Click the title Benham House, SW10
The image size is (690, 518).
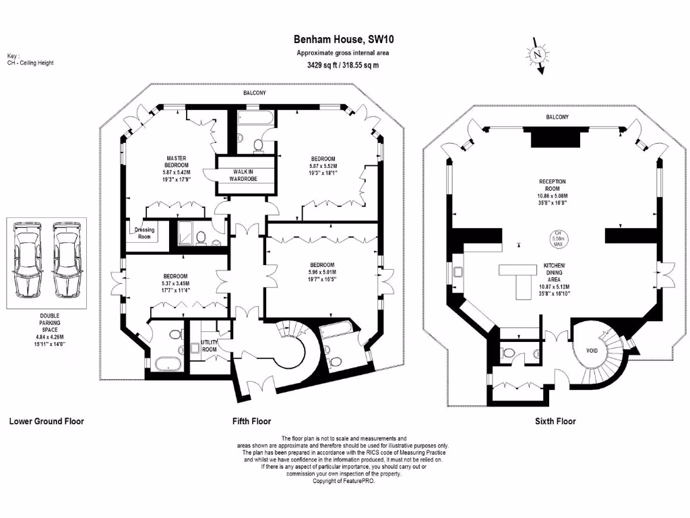(x=342, y=40)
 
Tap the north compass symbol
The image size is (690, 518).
(x=537, y=55)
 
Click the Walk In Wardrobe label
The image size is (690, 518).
(x=244, y=175)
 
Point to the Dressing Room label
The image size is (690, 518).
(x=144, y=233)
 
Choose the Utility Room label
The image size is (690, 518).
(x=209, y=346)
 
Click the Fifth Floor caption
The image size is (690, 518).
(x=251, y=422)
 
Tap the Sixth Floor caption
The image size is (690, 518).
(x=556, y=422)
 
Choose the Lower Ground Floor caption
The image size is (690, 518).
(x=46, y=422)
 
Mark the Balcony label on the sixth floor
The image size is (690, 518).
(x=557, y=117)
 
